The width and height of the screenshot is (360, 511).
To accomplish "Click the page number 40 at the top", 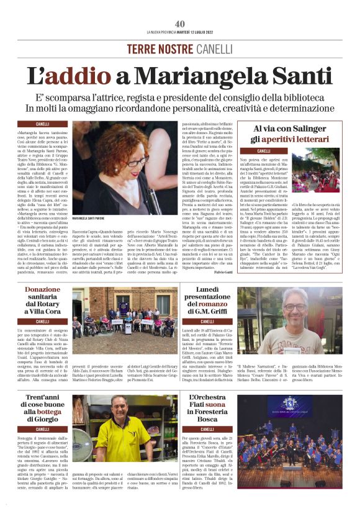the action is (180, 24).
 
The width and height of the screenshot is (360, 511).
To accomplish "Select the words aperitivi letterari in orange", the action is (306, 140).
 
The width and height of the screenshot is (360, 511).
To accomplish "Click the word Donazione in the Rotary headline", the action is (43, 290).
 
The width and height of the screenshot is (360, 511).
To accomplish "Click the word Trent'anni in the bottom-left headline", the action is (43, 397).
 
